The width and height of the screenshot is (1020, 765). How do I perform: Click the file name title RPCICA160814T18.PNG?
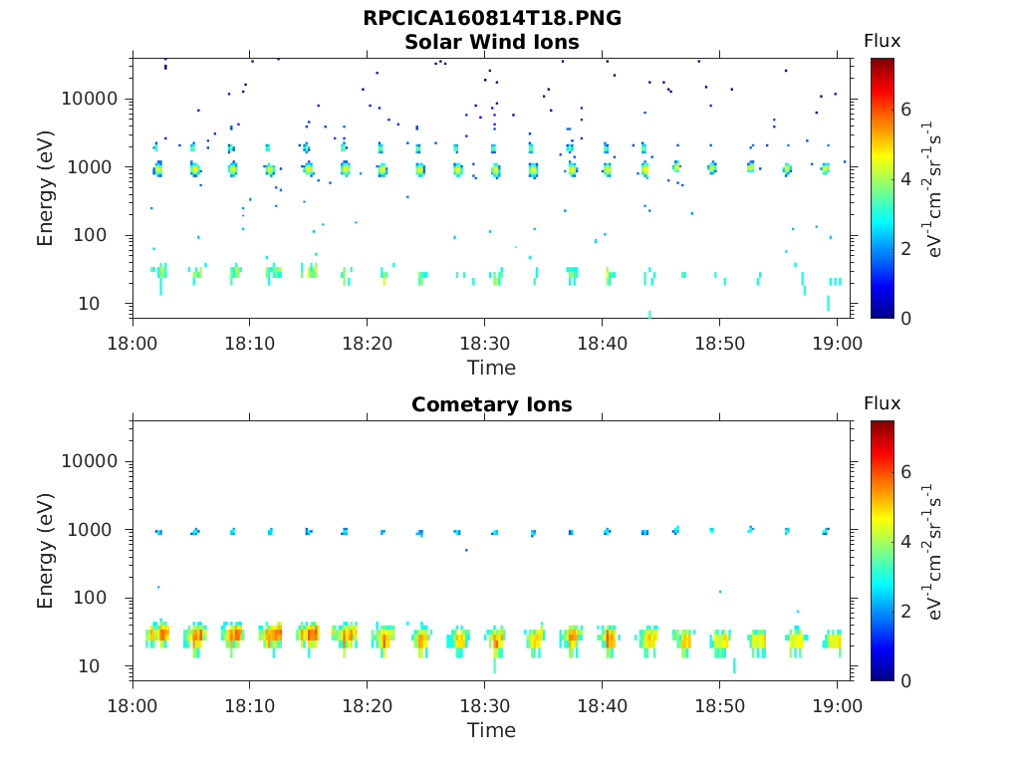click(x=491, y=19)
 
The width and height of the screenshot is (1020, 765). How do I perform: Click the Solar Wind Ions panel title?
click(x=491, y=42)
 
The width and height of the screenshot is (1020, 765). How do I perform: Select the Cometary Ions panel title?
click(x=491, y=404)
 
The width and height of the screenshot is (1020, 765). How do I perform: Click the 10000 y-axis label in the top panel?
click(x=89, y=99)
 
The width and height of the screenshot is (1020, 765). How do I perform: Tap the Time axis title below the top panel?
click(x=491, y=368)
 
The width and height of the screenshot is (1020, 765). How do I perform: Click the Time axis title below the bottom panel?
click(x=491, y=730)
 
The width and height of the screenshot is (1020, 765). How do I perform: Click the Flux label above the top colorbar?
click(x=882, y=41)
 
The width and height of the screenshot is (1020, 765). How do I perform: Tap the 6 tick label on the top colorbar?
click(x=905, y=110)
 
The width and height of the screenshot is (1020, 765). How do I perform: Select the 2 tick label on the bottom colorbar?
click(x=905, y=611)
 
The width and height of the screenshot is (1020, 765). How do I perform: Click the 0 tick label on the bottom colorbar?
click(x=905, y=680)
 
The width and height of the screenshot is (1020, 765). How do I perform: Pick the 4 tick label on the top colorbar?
click(x=905, y=179)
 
